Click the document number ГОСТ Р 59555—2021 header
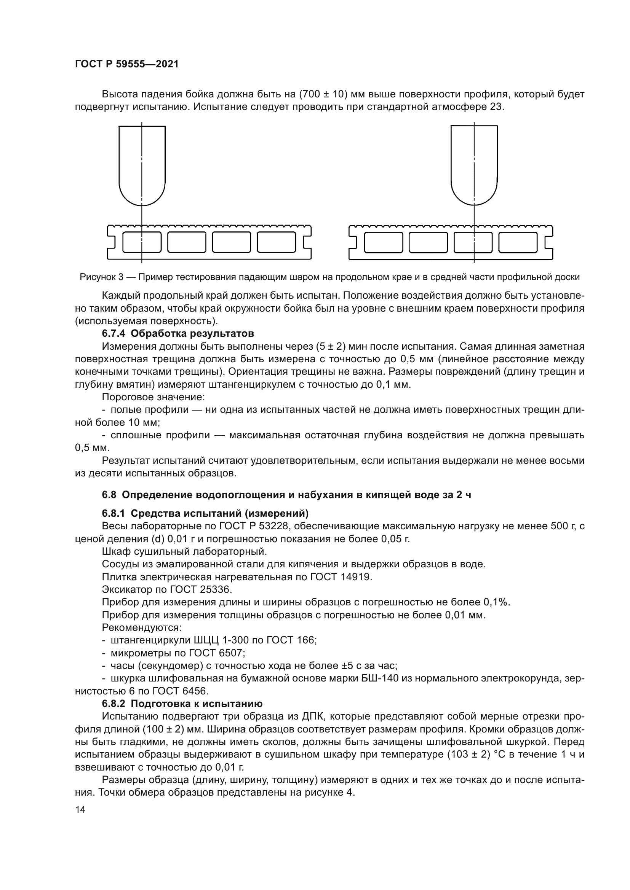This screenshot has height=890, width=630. [127, 64]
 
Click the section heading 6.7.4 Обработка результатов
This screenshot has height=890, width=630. [177, 333]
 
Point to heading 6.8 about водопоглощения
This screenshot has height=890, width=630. [286, 495]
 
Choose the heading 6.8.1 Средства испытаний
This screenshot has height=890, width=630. [205, 514]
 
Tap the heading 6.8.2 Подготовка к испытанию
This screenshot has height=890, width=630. [182, 704]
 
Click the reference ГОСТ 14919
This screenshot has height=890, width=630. [341, 577]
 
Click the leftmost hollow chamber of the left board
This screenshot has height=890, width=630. [142, 242]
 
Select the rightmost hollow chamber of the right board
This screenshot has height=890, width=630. [518, 242]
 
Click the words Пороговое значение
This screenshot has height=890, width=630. [153, 397]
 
